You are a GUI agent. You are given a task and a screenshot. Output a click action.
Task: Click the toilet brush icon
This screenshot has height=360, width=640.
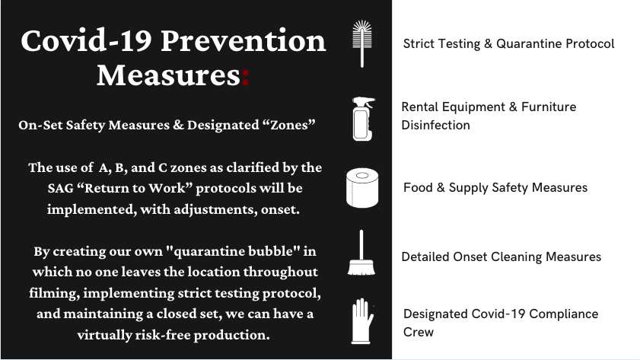coord(362,43)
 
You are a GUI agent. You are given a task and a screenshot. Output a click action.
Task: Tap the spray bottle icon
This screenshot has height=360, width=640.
coord(363,119)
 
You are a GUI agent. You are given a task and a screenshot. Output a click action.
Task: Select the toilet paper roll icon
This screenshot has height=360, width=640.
coord(362,188)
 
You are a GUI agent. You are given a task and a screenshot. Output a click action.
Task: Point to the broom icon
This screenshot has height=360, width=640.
coord(361,253)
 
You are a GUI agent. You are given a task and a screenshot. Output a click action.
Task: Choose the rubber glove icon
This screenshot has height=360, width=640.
coord(362,321)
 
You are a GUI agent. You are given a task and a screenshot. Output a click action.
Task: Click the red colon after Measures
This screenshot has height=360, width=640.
coord(245,77)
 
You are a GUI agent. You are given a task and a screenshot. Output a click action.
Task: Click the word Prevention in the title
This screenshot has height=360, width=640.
coord(244,41)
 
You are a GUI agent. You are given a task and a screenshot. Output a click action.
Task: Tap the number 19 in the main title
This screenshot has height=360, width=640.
coord(135,41)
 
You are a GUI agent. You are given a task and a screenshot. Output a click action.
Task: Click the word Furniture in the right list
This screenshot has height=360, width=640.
coord(549,107)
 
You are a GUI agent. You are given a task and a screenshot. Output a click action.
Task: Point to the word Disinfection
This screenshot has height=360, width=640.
coord(435,125)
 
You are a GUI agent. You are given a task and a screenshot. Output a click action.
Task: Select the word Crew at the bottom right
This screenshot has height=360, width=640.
coord(419,333)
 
